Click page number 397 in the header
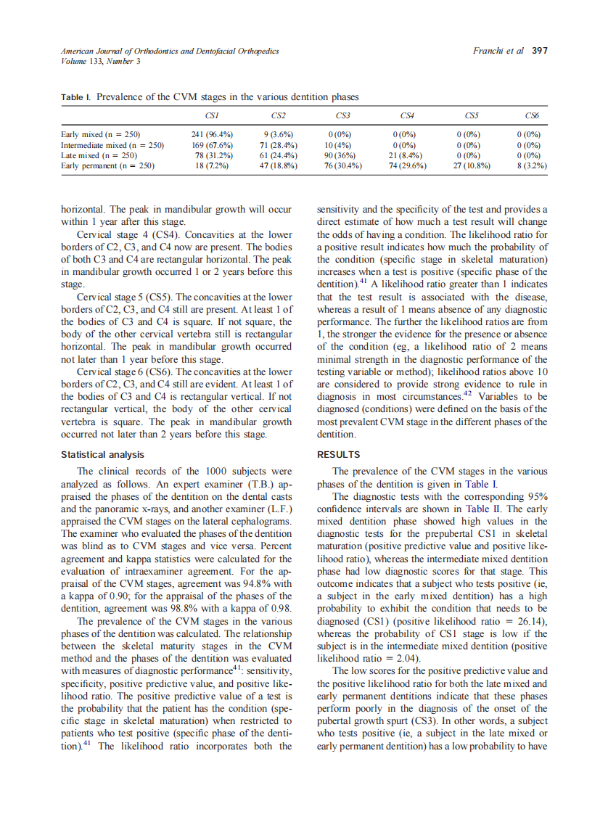click(x=539, y=51)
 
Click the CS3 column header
click(x=343, y=116)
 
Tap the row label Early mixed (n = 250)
click(x=101, y=134)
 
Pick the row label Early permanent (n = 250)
click(x=108, y=165)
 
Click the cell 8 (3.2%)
click(x=532, y=165)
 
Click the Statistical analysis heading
click(x=102, y=455)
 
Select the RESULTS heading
click(x=338, y=455)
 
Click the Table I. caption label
click(x=76, y=96)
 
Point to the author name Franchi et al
click(x=498, y=51)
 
